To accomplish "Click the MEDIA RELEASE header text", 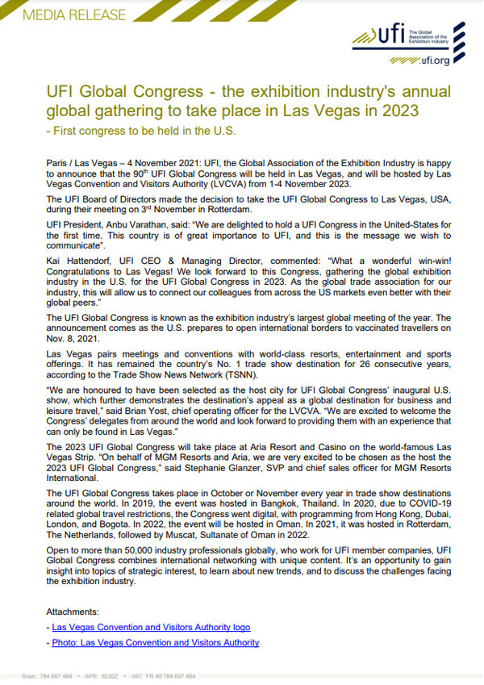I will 65,15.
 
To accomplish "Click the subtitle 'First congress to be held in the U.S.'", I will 144,131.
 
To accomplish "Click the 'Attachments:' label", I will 73,612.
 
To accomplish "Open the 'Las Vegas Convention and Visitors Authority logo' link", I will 151,627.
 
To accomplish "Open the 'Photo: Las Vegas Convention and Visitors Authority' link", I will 155,642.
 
